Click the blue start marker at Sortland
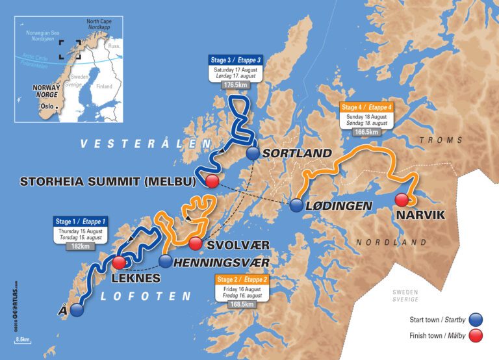[253, 153]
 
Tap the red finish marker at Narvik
[402, 199]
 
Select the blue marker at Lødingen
[296, 206]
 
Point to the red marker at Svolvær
[196, 244]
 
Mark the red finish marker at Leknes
[119, 263]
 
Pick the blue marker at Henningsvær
[166, 262]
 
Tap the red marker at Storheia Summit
[211, 181]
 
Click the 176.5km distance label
[231, 84]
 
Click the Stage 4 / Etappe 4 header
[366, 107]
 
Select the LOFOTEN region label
[146, 296]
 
